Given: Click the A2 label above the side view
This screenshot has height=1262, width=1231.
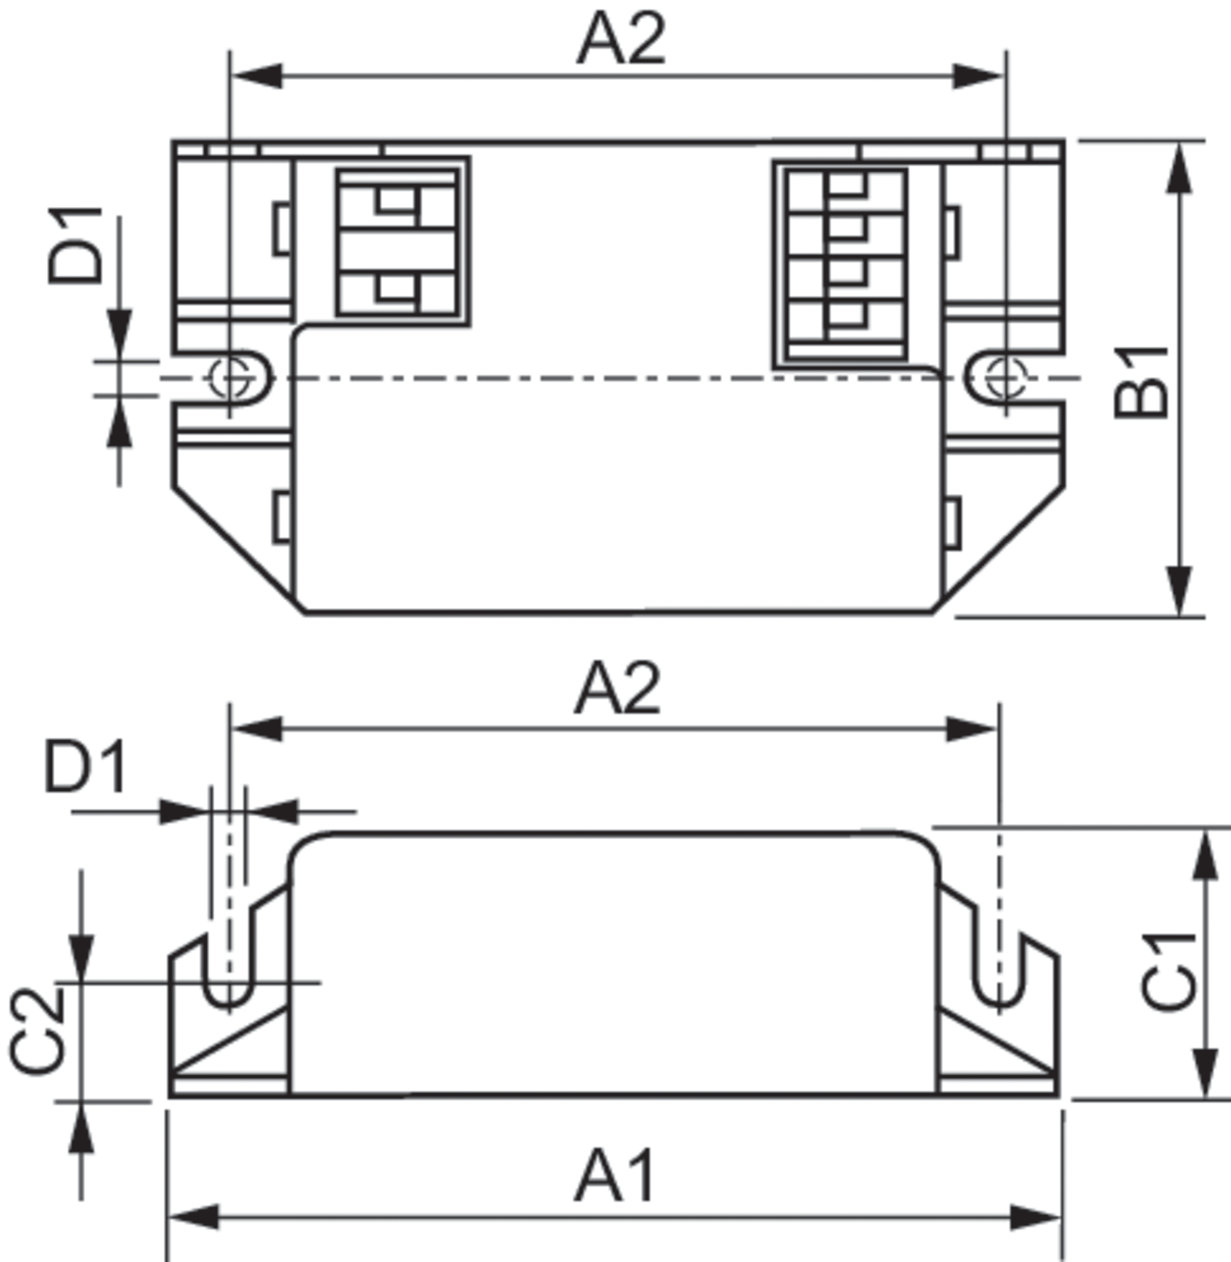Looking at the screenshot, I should coord(618,690).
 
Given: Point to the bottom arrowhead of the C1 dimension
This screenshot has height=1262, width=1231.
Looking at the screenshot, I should coord(1205,1074).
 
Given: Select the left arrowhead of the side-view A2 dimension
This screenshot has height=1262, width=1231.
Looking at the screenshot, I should coord(258,729).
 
